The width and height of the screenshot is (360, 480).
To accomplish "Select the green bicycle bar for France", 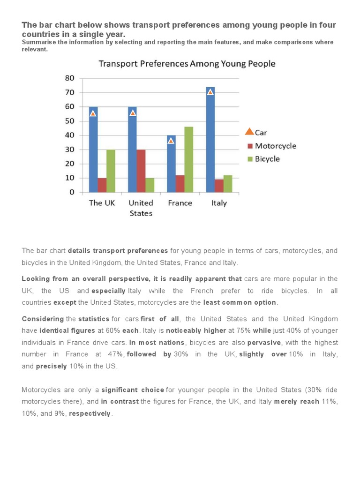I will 188,159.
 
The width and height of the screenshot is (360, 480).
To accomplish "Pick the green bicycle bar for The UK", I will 111,171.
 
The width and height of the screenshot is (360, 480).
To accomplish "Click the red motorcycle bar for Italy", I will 219,186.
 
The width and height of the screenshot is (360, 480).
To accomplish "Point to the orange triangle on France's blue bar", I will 171,141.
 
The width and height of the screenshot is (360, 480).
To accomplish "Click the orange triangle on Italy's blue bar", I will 210,92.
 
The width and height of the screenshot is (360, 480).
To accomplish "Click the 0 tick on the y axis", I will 72,192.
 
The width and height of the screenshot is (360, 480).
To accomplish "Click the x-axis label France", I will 180,203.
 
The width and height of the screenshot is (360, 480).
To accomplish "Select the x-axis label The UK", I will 102,203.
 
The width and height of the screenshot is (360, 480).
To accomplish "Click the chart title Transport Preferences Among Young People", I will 187,63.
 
